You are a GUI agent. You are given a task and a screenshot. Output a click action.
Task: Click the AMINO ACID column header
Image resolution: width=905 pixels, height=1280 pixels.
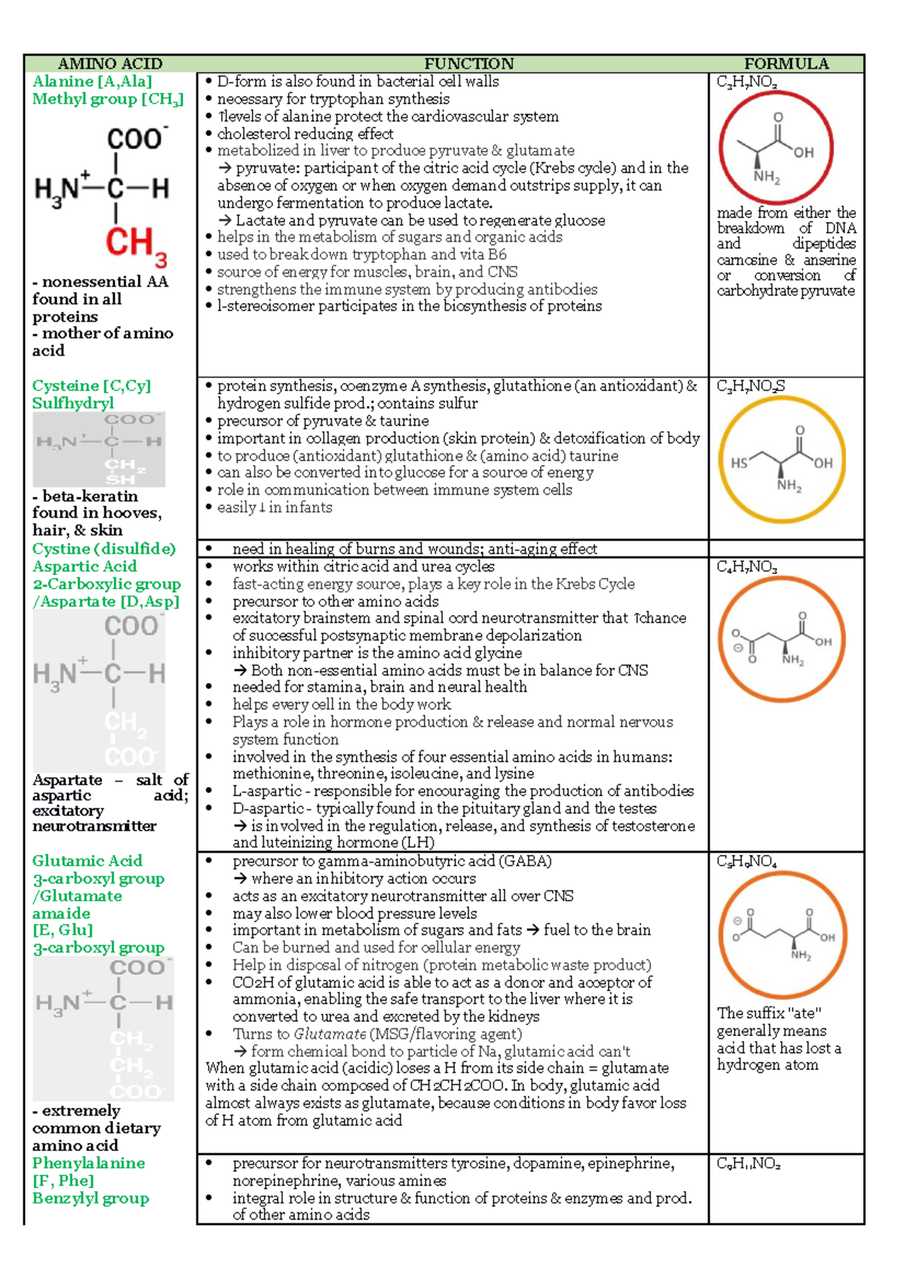point(110,64)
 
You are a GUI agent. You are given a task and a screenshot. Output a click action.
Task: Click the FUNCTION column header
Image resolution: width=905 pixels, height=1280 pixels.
point(468,64)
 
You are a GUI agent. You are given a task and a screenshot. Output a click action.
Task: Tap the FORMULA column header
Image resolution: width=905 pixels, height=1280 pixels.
point(786,64)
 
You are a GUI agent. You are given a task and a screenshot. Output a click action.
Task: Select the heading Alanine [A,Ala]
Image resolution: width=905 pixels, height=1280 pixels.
point(92,81)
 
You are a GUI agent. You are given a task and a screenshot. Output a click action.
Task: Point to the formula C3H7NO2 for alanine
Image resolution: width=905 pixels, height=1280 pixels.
point(747,82)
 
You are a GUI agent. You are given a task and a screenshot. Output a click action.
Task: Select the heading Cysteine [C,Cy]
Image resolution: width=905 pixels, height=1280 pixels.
point(91,386)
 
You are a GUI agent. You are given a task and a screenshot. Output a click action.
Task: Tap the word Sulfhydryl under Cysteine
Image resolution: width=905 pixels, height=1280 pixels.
point(73,403)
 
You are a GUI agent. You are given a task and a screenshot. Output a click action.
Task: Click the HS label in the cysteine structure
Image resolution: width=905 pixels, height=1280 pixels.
point(738,464)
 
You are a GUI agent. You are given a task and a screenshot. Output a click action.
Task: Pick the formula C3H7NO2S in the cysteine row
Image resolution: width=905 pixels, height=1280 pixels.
point(750,387)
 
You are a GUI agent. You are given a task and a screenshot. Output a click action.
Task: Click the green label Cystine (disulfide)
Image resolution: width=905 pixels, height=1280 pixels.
point(104,549)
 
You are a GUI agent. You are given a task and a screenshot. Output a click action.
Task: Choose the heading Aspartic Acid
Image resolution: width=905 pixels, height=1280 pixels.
point(84,567)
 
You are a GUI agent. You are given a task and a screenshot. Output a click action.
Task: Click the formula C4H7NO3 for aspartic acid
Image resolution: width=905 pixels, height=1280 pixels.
point(747,568)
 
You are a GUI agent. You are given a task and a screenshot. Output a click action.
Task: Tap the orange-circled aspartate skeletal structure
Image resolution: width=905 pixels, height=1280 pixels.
point(781,639)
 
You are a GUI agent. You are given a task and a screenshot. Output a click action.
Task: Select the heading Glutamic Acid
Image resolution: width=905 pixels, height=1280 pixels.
point(87,861)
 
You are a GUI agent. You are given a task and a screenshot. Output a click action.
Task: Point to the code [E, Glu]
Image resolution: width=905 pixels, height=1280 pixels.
point(63,930)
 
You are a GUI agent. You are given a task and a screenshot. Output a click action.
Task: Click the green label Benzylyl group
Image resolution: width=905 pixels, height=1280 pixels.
point(90,1198)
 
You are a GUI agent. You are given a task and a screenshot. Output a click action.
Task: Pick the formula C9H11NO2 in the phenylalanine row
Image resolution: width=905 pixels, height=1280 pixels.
point(748,1164)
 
